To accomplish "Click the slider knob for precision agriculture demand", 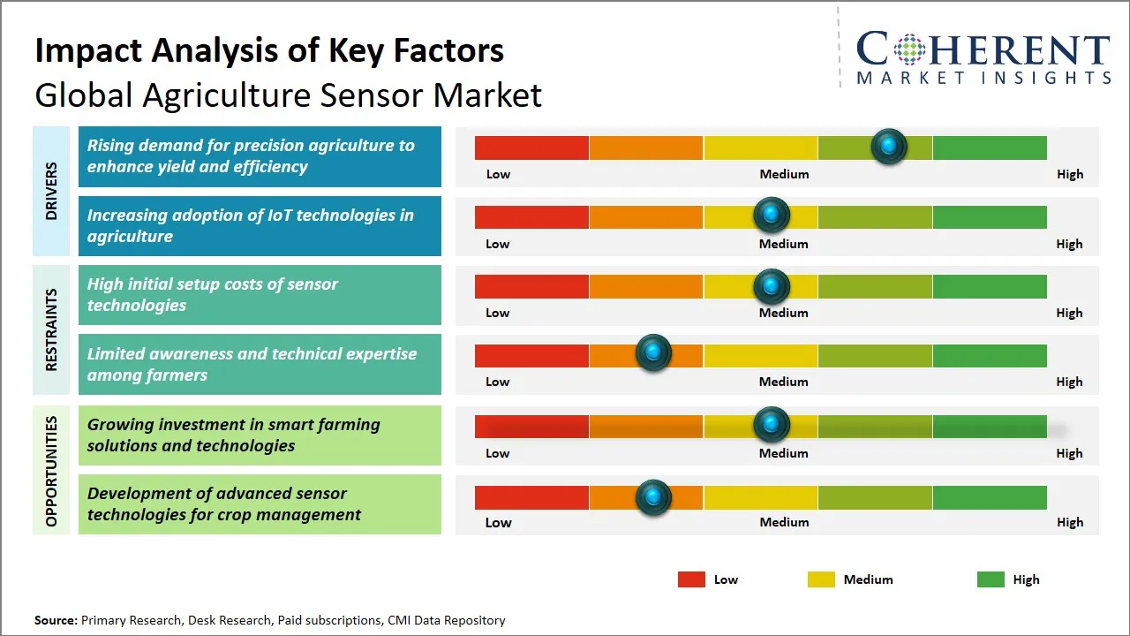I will (x=889, y=146).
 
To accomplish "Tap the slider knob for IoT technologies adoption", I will (x=772, y=215).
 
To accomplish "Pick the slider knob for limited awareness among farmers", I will (x=653, y=353).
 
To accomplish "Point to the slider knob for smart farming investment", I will (x=772, y=425).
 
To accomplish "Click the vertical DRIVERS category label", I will (x=51, y=191).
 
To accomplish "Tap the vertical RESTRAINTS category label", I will (x=51, y=329).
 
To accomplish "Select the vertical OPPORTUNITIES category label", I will (x=51, y=471).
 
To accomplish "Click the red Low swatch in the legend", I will (x=691, y=579).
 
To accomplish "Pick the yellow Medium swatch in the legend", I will (x=821, y=579).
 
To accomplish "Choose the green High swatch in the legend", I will (x=991, y=579).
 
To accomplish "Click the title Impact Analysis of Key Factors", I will (x=269, y=50).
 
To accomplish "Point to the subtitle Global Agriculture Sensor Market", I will (x=288, y=95).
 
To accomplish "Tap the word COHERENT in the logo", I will (x=983, y=49).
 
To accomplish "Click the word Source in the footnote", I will (x=56, y=620).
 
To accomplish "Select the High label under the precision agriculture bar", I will (x=1070, y=174).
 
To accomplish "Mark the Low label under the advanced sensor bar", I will (x=498, y=522).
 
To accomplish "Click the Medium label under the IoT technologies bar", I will (x=784, y=244).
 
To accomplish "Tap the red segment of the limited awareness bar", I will (x=531, y=355).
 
